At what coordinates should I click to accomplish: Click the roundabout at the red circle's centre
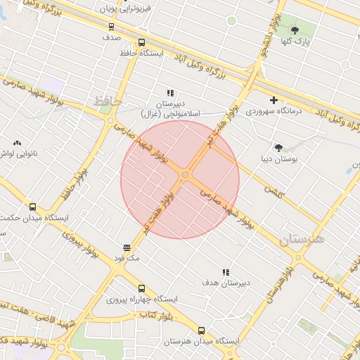186,174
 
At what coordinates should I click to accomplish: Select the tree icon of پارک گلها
295,30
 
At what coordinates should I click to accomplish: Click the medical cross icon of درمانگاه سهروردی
274,100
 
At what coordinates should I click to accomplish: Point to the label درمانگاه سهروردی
274,111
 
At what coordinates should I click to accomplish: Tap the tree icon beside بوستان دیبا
278,148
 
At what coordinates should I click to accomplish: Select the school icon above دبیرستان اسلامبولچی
170,92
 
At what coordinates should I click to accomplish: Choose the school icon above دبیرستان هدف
226,272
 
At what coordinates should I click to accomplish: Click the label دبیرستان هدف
225,283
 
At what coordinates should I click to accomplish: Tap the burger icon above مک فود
127,247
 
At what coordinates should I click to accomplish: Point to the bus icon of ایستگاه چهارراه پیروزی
142,288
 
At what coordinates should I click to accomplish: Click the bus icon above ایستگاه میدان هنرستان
202,330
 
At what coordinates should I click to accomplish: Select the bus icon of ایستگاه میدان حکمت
32,207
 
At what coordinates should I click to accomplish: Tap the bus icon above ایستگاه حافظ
142,42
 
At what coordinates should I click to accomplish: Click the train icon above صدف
111,27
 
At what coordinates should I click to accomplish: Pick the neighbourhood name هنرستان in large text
302,238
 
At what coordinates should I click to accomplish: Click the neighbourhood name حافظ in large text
108,101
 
